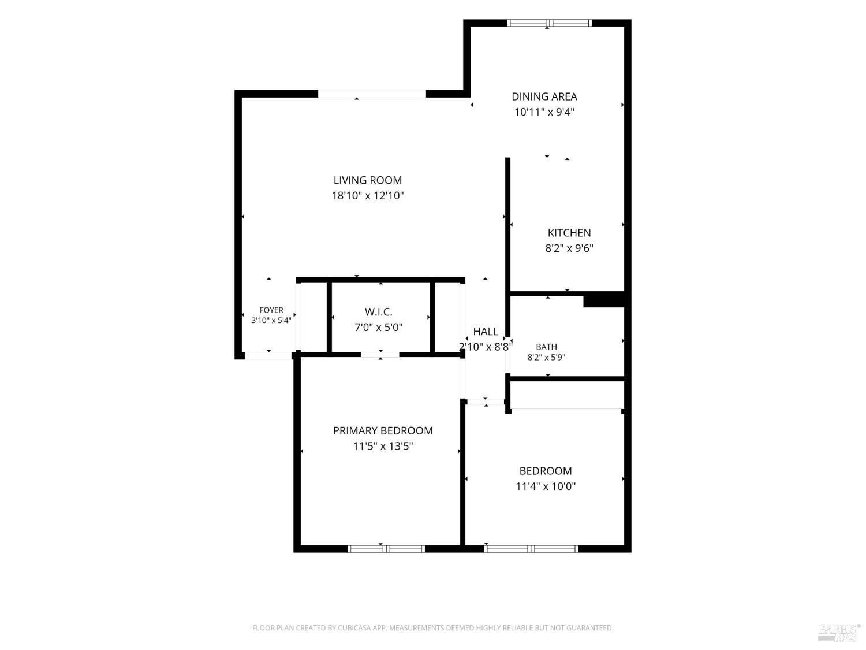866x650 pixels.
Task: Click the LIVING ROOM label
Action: (x=367, y=180)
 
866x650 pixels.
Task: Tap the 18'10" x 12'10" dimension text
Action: (x=367, y=195)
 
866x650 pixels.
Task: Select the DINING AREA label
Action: (x=544, y=96)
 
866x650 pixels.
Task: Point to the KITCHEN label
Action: (x=569, y=232)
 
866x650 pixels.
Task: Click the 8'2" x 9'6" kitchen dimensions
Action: (x=569, y=248)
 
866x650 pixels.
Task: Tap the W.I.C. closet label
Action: (x=378, y=312)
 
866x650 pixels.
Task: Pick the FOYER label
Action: (x=271, y=310)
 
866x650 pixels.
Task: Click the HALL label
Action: (x=486, y=331)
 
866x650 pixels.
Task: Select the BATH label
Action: (x=546, y=347)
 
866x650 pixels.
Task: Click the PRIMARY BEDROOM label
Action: (x=383, y=430)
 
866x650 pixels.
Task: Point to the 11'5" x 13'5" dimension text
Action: (x=383, y=445)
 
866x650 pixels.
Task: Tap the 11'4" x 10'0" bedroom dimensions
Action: (x=545, y=486)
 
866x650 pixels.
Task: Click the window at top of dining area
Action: (x=549, y=23)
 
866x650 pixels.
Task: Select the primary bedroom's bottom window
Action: (x=386, y=548)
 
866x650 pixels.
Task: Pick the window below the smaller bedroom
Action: (x=531, y=548)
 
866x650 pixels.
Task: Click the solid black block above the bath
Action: (x=603, y=299)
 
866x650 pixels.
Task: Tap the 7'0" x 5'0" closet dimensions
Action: (x=378, y=327)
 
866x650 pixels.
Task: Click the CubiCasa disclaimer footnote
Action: (x=432, y=627)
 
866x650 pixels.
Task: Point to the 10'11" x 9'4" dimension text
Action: (x=544, y=112)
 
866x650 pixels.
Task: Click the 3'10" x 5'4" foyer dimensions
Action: (x=271, y=320)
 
